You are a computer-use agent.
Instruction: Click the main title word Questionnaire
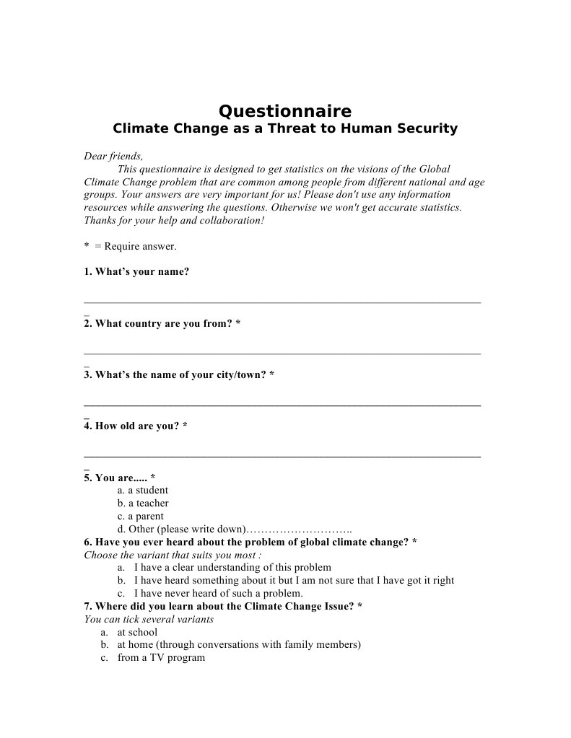pyautogui.click(x=285, y=111)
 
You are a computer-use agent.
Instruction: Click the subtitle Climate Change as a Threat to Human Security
pyautogui.click(x=285, y=129)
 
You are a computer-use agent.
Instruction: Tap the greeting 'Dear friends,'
pyautogui.click(x=113, y=156)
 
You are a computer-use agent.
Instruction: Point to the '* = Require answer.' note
pyautogui.click(x=130, y=246)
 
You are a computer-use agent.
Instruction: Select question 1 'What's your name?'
pyautogui.click(x=136, y=272)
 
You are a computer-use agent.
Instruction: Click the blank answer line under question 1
pyautogui.click(x=282, y=302)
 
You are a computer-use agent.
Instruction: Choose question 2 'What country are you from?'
pyautogui.click(x=162, y=323)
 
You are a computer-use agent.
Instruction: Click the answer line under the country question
pyautogui.click(x=282, y=353)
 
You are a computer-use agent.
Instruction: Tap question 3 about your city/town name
pyautogui.click(x=178, y=374)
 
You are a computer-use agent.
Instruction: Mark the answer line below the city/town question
pyautogui.click(x=282, y=405)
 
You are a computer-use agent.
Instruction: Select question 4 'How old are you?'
pyautogui.click(x=136, y=426)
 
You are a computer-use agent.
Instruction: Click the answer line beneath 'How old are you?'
pyautogui.click(x=282, y=456)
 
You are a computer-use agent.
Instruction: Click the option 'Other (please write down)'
pyautogui.click(x=188, y=530)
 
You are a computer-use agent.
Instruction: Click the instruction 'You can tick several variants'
pyautogui.click(x=149, y=619)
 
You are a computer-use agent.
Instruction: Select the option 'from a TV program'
pyautogui.click(x=161, y=657)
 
